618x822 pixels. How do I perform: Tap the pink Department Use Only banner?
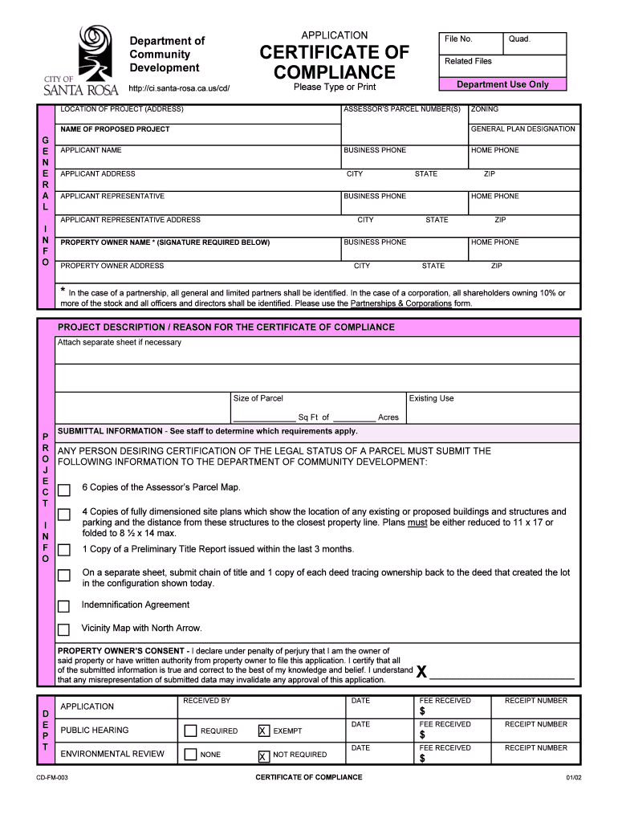[x=502, y=84]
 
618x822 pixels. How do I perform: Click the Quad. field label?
[x=519, y=39]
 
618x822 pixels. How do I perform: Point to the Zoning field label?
[x=485, y=108]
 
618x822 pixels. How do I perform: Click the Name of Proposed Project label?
[x=115, y=129]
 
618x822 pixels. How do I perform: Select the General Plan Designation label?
[x=522, y=129]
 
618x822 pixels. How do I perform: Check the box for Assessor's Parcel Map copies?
[x=64, y=490]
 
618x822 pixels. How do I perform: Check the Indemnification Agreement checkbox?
[x=64, y=607]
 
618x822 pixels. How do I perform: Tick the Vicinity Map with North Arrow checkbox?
[x=64, y=630]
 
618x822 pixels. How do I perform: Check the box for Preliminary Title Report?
[x=64, y=551]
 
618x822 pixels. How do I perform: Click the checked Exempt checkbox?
[x=263, y=731]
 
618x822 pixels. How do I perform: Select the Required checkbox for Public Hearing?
[x=190, y=731]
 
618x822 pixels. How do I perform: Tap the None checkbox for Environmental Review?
[x=190, y=755]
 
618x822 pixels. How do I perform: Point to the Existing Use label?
[x=431, y=398]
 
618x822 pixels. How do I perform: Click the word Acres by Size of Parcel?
[x=388, y=417]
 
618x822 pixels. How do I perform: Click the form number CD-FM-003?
[x=52, y=778]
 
